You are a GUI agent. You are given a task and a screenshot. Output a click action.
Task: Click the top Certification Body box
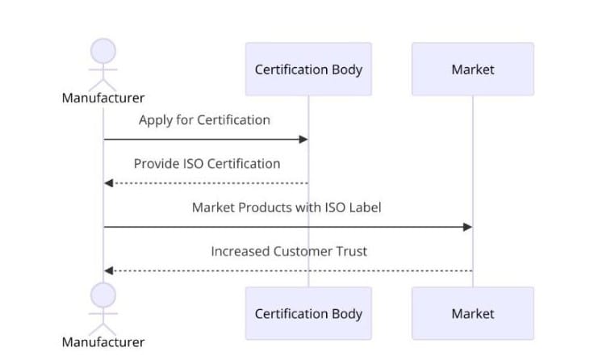(308, 69)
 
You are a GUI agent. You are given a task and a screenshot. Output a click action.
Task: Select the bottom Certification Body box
(308, 313)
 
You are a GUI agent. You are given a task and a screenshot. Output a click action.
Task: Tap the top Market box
(472, 69)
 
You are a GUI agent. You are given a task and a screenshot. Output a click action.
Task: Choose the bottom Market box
(472, 313)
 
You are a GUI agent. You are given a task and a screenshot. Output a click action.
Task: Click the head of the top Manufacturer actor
(103, 51)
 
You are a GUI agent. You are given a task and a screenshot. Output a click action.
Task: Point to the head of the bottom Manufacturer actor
(103, 295)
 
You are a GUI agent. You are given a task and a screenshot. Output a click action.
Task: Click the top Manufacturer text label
(103, 98)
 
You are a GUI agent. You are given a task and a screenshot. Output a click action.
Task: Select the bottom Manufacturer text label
(103, 342)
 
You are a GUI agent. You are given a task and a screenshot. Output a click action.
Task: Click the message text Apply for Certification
(204, 120)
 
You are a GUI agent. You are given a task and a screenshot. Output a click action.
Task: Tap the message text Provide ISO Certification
(207, 164)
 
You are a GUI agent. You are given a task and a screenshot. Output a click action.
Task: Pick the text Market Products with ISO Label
(287, 207)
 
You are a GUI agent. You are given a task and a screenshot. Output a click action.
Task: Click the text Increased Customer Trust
(289, 251)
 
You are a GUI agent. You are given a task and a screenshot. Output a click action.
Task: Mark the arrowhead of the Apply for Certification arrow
(304, 140)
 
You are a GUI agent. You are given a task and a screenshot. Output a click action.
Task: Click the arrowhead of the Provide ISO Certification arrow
(108, 183)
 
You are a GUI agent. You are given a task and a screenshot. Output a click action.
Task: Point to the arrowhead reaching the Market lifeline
(467, 227)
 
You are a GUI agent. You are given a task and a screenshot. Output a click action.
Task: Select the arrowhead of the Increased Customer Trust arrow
(108, 270)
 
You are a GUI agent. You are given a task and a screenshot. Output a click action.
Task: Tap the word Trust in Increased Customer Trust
(352, 251)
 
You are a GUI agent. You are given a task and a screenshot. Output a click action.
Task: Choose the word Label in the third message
(364, 207)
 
